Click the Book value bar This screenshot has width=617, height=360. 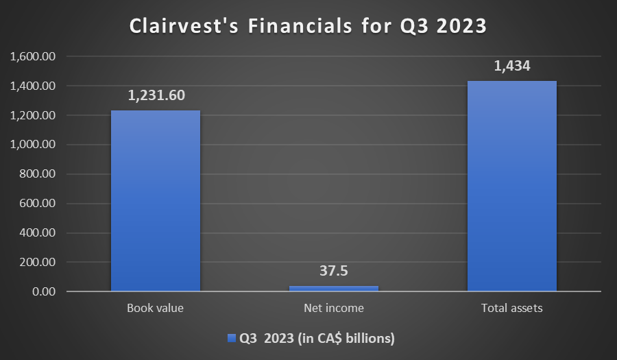(x=156, y=201)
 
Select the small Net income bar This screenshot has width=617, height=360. (x=334, y=289)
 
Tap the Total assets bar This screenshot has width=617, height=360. (x=512, y=186)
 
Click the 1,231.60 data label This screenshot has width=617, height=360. (x=156, y=95)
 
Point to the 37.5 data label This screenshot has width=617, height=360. (x=334, y=271)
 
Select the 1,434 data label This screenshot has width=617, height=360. (x=512, y=66)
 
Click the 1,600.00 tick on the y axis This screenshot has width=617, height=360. (x=33, y=56)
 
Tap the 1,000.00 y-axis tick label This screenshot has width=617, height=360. (x=33, y=145)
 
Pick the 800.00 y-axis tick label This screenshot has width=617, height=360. (x=38, y=174)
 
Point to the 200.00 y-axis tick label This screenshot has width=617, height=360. (x=38, y=262)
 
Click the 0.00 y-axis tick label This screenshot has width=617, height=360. (x=44, y=291)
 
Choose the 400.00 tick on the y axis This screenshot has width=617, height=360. (x=38, y=232)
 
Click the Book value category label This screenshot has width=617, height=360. (x=155, y=308)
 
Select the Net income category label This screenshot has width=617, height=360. (x=334, y=308)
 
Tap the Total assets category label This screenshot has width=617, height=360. (x=512, y=308)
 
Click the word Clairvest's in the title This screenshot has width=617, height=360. (x=184, y=26)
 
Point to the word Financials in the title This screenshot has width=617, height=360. (x=300, y=26)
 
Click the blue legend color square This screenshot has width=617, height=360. (x=232, y=338)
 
